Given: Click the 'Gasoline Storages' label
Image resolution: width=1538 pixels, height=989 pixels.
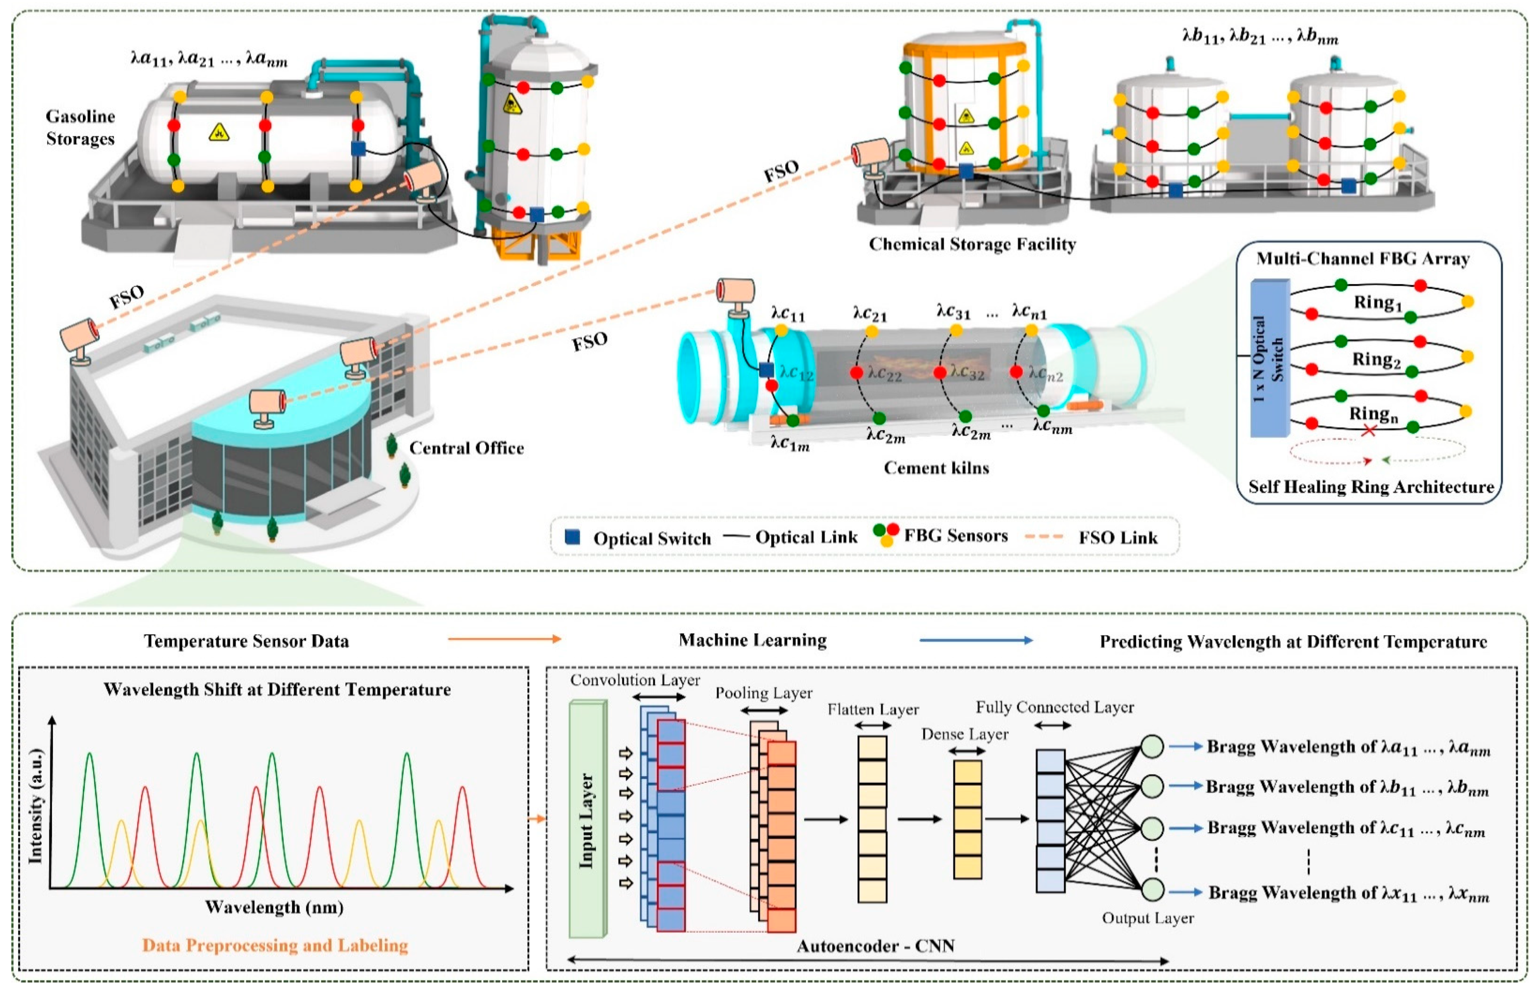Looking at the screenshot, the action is [80, 127].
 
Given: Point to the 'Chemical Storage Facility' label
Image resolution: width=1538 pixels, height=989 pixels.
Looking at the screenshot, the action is [972, 244].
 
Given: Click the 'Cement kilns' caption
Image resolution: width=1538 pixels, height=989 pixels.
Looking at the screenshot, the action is [936, 468].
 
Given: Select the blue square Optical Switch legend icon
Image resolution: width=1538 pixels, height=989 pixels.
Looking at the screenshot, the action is [572, 537].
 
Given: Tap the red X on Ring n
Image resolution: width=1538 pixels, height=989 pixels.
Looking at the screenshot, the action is [1369, 430].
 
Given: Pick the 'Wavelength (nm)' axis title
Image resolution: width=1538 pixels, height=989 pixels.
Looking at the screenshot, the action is [274, 907].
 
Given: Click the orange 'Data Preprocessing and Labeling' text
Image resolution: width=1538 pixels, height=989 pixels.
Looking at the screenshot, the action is [275, 945].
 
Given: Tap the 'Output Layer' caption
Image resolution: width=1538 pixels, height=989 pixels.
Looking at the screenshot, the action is [1148, 919].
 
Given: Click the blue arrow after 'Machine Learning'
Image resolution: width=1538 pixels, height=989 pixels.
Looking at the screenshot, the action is [976, 640].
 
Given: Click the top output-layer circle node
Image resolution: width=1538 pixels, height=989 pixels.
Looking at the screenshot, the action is [1152, 746].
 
